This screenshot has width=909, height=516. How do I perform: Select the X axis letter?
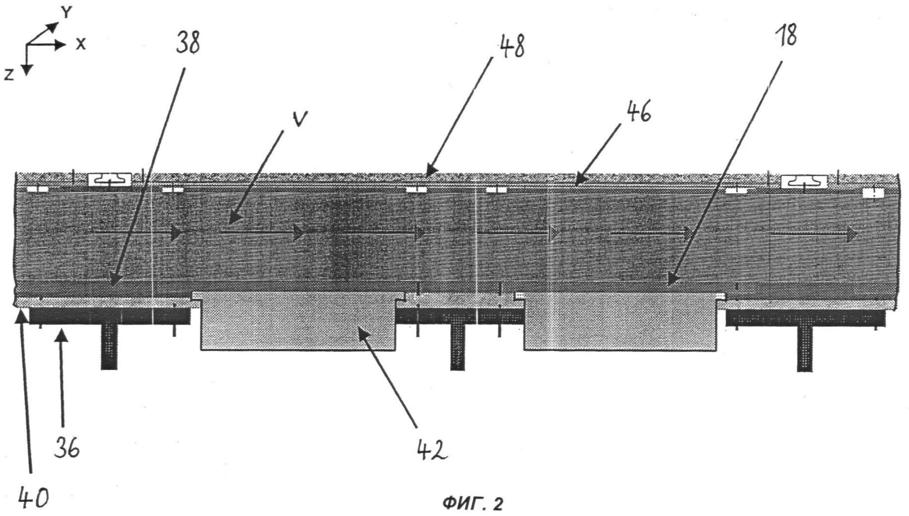tap(81, 44)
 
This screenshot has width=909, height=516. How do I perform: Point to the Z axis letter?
tap(8, 75)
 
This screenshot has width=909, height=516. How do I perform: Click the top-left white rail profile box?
tap(110, 180)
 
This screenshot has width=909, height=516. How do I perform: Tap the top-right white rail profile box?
tap(804, 182)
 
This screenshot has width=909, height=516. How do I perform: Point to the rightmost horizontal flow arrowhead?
tap(852, 235)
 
